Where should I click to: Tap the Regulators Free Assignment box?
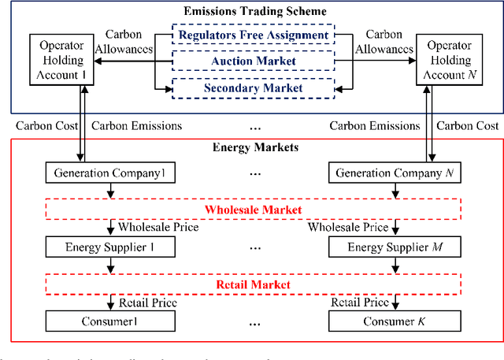point(253,35)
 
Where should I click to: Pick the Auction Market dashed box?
point(253,60)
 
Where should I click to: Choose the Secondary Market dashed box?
point(253,88)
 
